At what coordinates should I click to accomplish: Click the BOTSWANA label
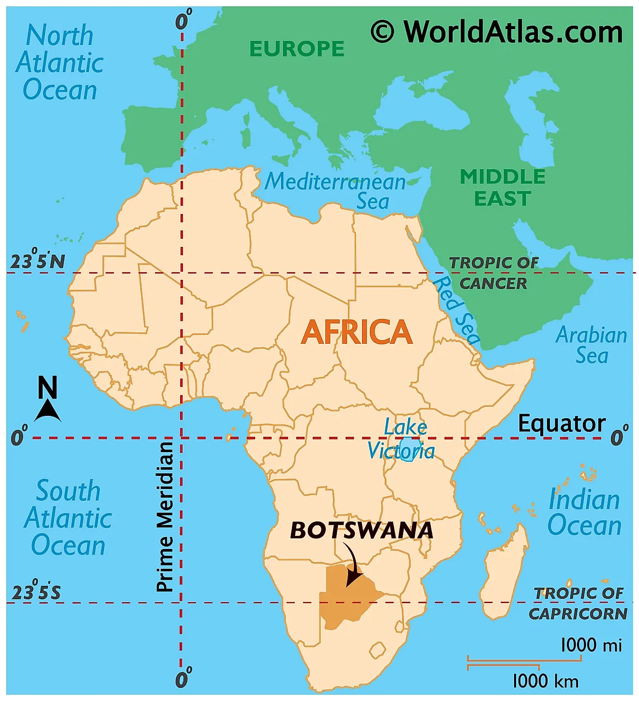click(x=361, y=531)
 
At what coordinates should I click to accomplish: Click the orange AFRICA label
click(x=357, y=332)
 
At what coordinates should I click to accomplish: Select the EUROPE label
click(x=297, y=49)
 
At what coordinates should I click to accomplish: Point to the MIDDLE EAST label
click(x=502, y=188)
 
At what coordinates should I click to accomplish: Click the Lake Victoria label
click(x=401, y=440)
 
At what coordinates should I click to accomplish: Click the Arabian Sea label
click(x=591, y=345)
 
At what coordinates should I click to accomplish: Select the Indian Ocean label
click(x=584, y=512)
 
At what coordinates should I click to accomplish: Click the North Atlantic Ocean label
click(x=60, y=63)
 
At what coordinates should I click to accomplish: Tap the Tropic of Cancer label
click(x=493, y=273)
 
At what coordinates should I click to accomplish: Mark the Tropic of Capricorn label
click(x=578, y=603)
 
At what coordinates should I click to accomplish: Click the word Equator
click(x=562, y=424)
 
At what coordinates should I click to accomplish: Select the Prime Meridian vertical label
click(x=165, y=516)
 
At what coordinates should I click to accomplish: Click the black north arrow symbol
click(x=47, y=411)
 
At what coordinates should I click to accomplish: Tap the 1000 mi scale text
click(x=591, y=645)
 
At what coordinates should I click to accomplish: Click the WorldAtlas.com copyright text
click(x=497, y=32)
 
